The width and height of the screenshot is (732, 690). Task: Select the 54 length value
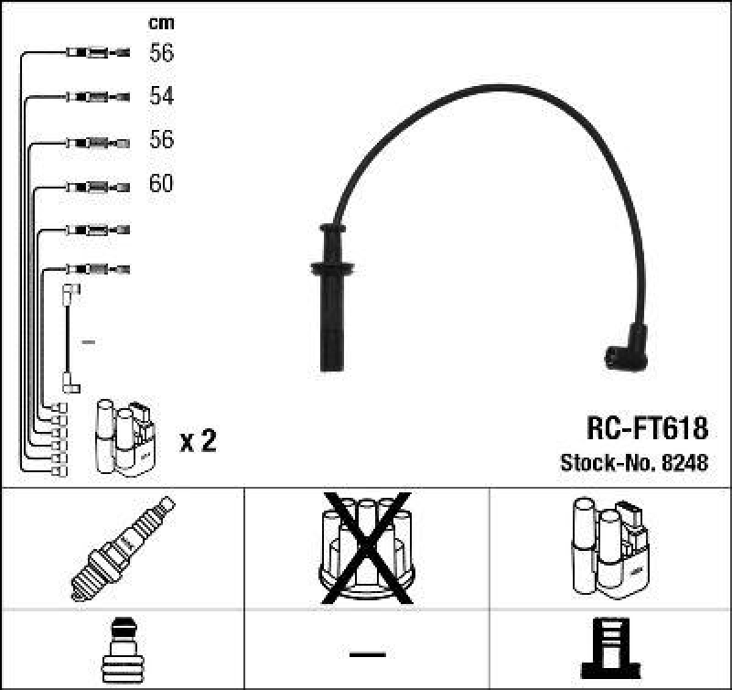pyautogui.click(x=161, y=96)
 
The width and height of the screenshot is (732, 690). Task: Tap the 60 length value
pyautogui.click(x=161, y=184)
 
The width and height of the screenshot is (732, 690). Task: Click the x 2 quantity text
pyautogui.click(x=198, y=442)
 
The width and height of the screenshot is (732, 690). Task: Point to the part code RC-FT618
pyautogui.click(x=646, y=428)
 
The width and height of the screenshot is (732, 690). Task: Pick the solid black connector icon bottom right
pyautogui.click(x=610, y=649)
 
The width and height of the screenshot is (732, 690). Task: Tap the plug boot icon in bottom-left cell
pyautogui.click(x=123, y=649)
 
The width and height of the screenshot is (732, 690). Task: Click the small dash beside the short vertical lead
pyautogui.click(x=89, y=341)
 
